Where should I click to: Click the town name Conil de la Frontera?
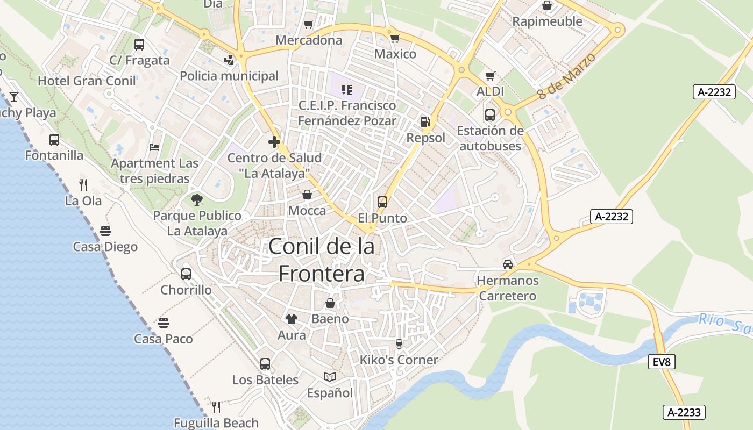coord(321,260)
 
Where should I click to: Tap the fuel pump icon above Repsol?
coord(425,122)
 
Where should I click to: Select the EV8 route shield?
coord(661,362)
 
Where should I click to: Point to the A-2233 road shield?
coord(684,412)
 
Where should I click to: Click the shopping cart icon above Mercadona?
coord(309,24)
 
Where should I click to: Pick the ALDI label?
coord(490,91)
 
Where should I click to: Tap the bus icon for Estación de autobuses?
coord(490,115)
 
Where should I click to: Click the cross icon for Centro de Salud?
coord(274,142)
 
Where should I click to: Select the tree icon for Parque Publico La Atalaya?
coord(197,200)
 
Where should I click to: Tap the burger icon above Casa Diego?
coord(105,231)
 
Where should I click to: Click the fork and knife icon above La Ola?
coord(83,185)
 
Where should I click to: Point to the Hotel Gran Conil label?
coord(87,81)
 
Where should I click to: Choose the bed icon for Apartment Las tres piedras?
coord(154,147)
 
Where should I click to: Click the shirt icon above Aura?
coord(292,319)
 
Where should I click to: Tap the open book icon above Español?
coord(330,377)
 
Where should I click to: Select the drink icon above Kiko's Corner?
coord(399,344)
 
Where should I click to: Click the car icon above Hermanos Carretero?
coord(507,264)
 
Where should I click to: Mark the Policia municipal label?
coord(229,76)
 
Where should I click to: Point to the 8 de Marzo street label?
coord(566,76)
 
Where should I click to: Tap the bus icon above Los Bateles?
coord(265,364)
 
